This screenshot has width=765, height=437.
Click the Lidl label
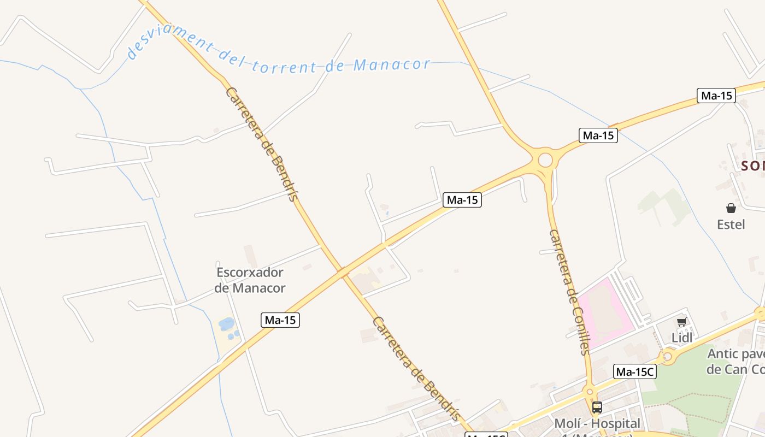[x=682, y=338]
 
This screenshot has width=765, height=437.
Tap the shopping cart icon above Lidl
[x=681, y=322]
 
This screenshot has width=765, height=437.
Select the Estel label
[x=731, y=224]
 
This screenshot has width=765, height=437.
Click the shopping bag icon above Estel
[x=731, y=208]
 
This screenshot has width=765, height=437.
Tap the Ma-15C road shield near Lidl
[x=635, y=372]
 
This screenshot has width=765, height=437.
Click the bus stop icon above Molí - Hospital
[x=597, y=407]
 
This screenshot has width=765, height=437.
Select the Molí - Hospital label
[x=597, y=423]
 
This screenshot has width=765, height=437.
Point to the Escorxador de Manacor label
[x=250, y=280]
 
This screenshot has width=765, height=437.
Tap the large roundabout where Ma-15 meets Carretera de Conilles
[x=545, y=160]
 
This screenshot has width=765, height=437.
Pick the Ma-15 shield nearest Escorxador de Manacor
[x=281, y=320]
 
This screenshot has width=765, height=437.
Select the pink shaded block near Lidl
[x=604, y=311]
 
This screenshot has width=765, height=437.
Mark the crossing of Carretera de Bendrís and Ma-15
[x=343, y=271]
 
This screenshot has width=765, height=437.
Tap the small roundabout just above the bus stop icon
[x=589, y=392]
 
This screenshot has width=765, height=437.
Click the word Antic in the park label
[x=722, y=354]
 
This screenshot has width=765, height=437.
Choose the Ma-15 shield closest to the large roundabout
[x=598, y=135]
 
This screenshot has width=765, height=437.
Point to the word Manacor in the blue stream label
[x=392, y=65]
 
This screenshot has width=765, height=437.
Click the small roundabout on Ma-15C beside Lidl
[x=667, y=358]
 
